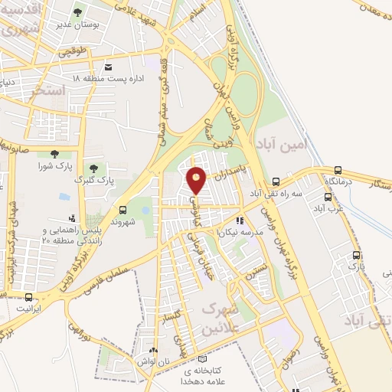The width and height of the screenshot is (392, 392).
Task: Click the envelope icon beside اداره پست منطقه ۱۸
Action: pos(108,67)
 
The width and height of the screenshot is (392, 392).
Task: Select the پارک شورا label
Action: pos(55,167)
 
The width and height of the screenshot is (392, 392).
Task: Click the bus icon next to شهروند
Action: pos(122,209)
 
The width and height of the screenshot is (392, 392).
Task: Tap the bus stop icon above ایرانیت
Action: pos(28,297)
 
